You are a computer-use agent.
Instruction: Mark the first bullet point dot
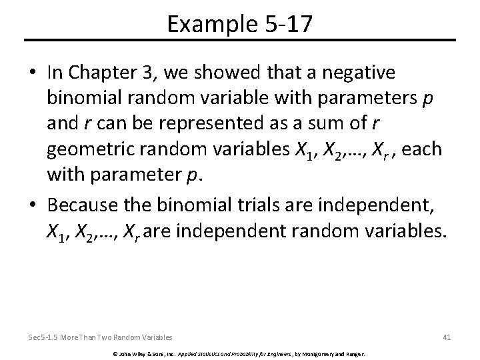pos(33,72)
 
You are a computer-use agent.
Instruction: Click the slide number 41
pos(447,337)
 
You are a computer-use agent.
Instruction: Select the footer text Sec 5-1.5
pos(45,337)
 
